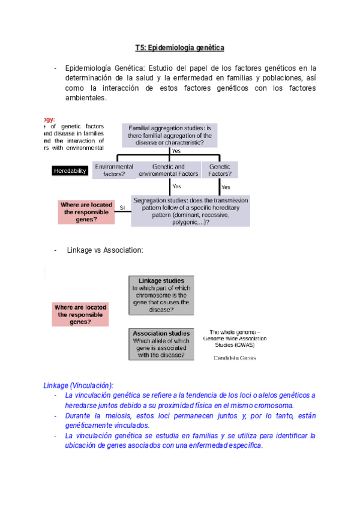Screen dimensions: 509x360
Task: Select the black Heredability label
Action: pyautogui.click(x=70, y=170)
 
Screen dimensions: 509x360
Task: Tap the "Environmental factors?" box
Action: pyautogui.click(x=114, y=170)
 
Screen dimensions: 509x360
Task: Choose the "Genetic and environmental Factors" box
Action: pyautogui.click(x=168, y=170)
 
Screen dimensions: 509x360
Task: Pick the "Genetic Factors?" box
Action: pyautogui.click(x=219, y=170)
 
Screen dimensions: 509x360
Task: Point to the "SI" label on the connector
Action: pyautogui.click(x=122, y=208)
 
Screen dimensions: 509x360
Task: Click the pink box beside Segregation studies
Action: pyautogui.click(x=86, y=212)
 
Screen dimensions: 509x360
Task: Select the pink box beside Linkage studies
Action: pyautogui.click(x=80, y=314)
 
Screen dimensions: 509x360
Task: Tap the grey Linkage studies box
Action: pyautogui.click(x=161, y=295)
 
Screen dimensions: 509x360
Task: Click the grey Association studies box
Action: pyautogui.click(x=161, y=344)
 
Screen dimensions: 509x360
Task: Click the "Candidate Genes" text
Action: pyautogui.click(x=235, y=358)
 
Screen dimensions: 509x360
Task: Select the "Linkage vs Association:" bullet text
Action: pyautogui.click(x=105, y=250)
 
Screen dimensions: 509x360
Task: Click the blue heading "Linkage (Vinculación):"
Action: pyautogui.click(x=78, y=385)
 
